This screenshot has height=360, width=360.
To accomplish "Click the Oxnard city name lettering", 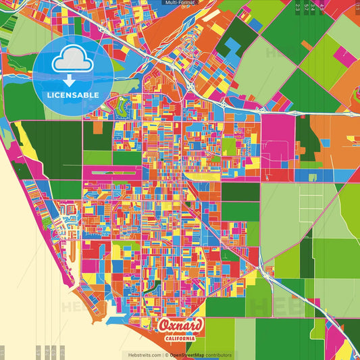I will point(180,326).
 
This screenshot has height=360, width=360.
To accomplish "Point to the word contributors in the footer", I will point(218,355).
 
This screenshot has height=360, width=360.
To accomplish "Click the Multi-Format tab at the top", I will point(180,3).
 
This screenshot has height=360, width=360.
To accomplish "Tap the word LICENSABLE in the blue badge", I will point(72,95).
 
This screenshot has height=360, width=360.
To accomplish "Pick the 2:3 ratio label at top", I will point(298,7).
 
